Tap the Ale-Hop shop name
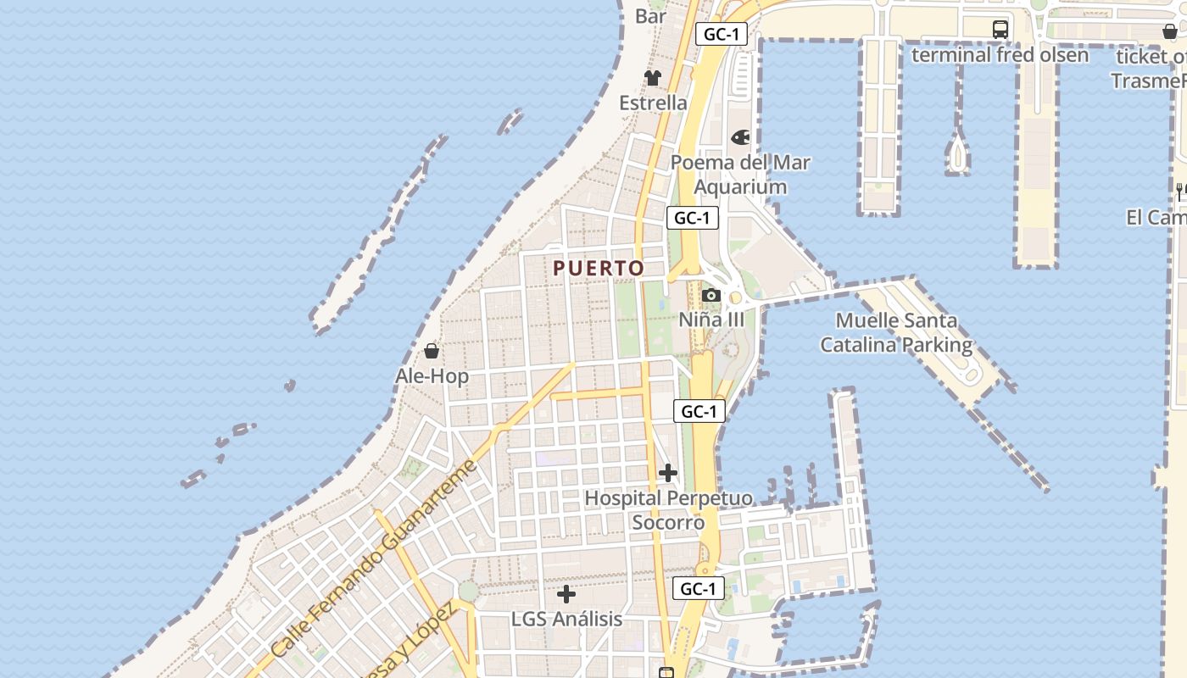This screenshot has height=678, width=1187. point(432,375)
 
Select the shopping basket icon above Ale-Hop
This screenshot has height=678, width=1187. point(432,350)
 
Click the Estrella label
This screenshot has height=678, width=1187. point(653,103)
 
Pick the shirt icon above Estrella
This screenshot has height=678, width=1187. point(652,78)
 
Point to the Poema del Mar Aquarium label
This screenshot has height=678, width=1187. point(740,175)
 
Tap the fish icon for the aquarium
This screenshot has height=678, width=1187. point(740,137)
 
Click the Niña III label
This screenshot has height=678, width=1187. point(711,320)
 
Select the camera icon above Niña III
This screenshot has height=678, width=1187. point(711,296)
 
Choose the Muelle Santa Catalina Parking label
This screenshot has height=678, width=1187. point(896,333)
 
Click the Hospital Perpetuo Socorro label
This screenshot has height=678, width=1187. point(668,510)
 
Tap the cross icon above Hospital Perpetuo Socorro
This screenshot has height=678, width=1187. point(668,472)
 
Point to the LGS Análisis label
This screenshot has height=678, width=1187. point(566,619)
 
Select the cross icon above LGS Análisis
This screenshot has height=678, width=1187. point(566,594)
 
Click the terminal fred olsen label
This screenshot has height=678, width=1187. point(1000,55)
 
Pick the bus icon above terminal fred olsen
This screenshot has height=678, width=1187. point(1000,30)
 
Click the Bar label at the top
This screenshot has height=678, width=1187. point(651,15)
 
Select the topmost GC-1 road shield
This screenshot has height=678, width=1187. point(722,35)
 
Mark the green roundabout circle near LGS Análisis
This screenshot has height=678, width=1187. point(468,592)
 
